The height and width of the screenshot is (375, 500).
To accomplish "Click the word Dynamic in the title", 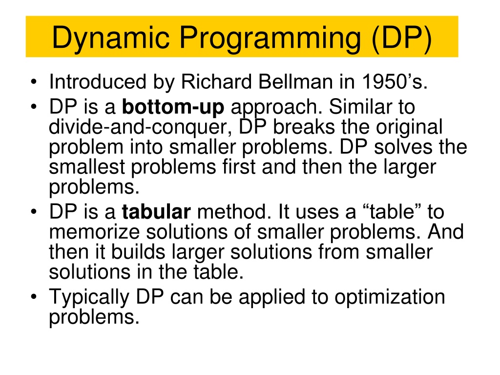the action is click(110, 38).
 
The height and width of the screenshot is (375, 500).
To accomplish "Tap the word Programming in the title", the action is click(270, 38).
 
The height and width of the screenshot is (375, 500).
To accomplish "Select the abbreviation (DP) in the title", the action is click(401, 38).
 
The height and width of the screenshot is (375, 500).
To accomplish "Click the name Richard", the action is click(216, 82).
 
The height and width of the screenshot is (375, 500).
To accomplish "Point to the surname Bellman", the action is click(295, 82).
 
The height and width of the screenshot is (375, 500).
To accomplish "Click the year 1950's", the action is click(395, 82).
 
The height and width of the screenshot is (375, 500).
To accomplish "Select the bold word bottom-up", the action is click(173, 107).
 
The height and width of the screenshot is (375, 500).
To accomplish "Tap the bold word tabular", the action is click(156, 211).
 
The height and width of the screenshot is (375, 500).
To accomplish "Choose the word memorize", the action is click(94, 232).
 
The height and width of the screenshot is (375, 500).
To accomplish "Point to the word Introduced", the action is click(98, 82).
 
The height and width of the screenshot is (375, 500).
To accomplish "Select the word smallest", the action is click(87, 167).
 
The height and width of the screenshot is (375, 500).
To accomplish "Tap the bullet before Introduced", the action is click(34, 82).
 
